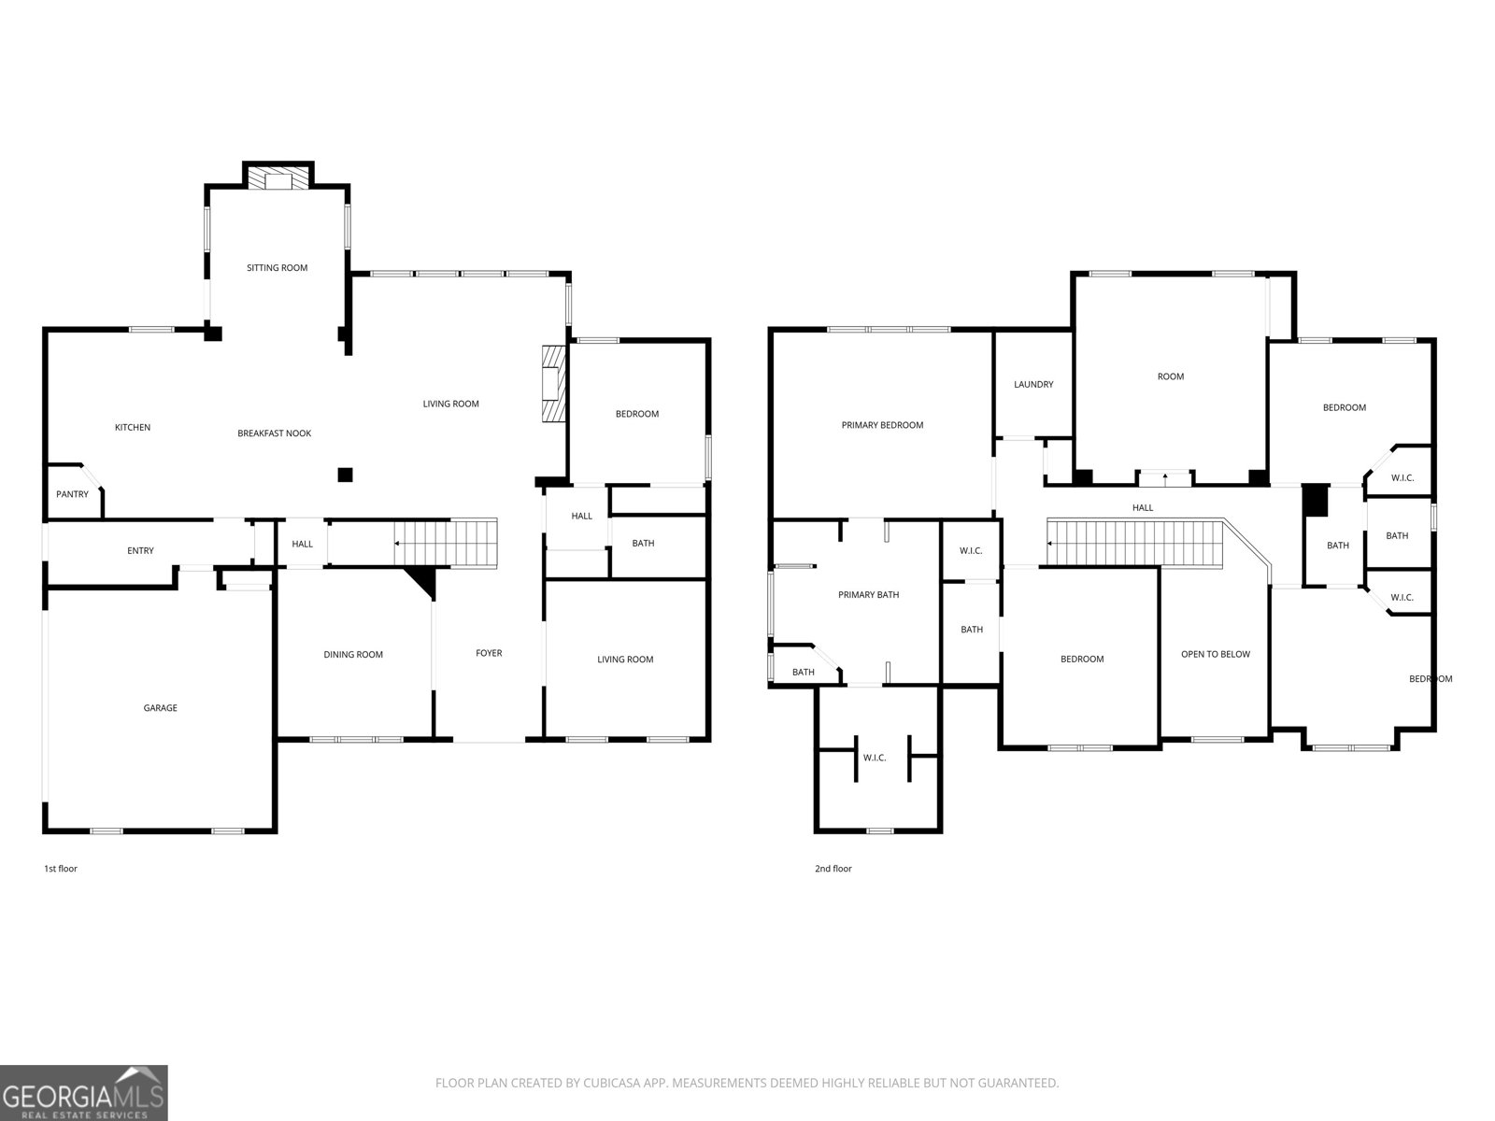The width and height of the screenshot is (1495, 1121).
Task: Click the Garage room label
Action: (x=160, y=708)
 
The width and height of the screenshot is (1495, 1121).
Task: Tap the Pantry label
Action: (x=72, y=494)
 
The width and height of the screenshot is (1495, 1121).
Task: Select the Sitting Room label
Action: (x=277, y=268)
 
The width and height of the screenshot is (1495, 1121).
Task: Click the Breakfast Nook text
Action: (x=274, y=433)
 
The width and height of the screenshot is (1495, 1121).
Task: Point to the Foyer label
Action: (x=489, y=654)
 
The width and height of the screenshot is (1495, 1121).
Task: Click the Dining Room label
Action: (x=353, y=655)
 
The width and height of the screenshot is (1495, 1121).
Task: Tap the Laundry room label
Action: (x=1033, y=385)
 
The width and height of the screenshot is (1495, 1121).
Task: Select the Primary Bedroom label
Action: (x=882, y=425)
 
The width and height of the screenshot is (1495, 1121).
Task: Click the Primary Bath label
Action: (x=868, y=595)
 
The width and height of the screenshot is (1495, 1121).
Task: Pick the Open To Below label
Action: (x=1215, y=654)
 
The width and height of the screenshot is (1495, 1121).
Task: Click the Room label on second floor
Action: (x=1170, y=376)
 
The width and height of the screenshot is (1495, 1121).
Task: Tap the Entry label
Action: (x=140, y=551)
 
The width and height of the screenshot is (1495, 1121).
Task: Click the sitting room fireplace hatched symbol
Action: (x=278, y=180)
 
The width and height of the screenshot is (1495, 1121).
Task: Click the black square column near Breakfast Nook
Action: (x=345, y=475)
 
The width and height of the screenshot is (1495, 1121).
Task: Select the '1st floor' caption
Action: (x=61, y=869)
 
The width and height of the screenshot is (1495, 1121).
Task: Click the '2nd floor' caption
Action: (x=833, y=869)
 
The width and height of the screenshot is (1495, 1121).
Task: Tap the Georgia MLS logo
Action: (x=84, y=1093)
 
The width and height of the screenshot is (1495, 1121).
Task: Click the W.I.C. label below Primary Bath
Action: (x=874, y=758)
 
